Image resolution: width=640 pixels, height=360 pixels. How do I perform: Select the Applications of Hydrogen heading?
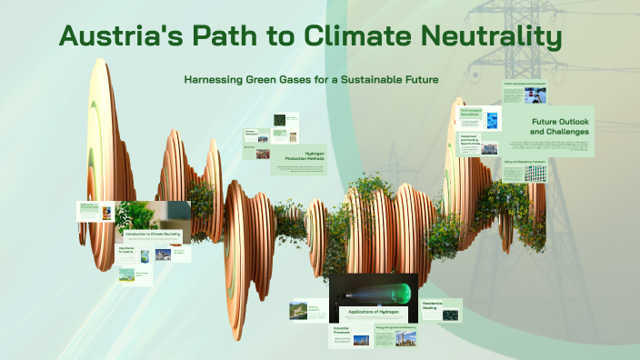(x=374, y=311)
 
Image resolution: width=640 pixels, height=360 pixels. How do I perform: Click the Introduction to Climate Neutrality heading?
(x=155, y=234)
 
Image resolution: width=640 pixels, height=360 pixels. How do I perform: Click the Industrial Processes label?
(x=344, y=330)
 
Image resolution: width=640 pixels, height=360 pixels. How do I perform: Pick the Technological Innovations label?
(x=469, y=114)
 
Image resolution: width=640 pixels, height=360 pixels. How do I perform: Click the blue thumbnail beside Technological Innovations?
(x=492, y=119)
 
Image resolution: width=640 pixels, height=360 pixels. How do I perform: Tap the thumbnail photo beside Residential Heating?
(x=450, y=315)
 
